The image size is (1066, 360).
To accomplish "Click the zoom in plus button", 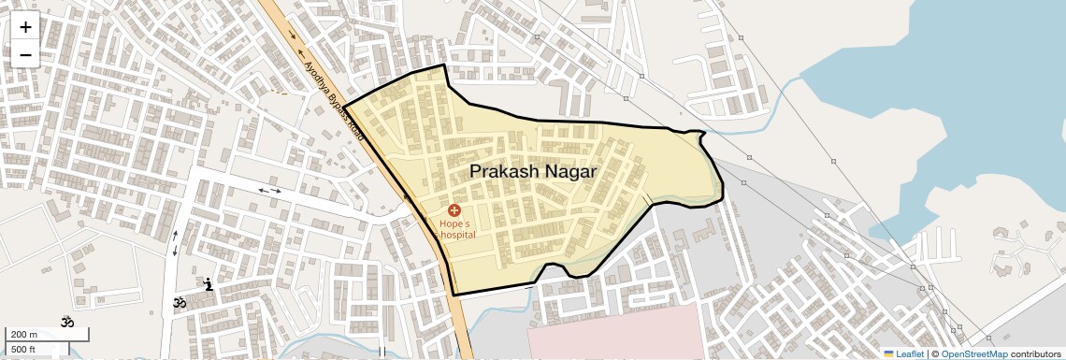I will click(x=25, y=27).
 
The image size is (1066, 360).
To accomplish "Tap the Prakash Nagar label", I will click(x=532, y=171).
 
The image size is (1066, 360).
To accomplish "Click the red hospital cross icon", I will click(x=454, y=211).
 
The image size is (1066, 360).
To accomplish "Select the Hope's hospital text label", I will click(x=457, y=229).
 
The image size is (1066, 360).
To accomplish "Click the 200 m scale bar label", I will click(x=23, y=335).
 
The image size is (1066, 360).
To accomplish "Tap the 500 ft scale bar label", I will click(x=23, y=350).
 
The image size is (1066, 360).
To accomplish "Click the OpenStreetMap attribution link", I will click(x=973, y=353).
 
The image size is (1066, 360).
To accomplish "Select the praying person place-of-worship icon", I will click(x=209, y=283).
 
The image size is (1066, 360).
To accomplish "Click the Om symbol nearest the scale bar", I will click(x=66, y=322).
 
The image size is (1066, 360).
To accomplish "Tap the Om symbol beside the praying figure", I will click(x=179, y=302).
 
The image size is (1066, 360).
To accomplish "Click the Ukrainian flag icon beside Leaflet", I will click(x=889, y=353).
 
